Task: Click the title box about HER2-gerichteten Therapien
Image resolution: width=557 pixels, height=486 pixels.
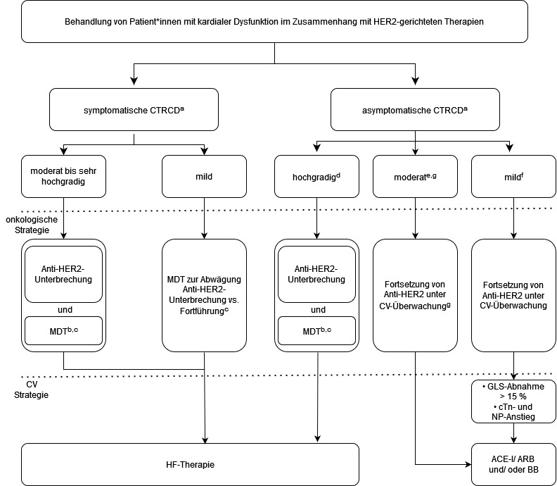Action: point(274,21)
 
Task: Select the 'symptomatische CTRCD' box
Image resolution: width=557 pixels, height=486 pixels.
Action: point(134,110)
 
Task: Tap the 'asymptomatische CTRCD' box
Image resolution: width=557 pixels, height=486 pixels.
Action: point(415,110)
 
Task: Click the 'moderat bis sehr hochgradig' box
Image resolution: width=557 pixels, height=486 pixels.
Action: point(63,177)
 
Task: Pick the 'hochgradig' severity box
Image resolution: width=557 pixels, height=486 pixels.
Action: point(316,177)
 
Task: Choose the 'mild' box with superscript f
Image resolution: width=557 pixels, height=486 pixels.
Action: point(513,177)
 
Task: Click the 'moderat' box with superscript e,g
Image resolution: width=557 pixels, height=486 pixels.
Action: point(415,177)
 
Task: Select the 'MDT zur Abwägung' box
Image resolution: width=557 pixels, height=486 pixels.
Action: point(204,295)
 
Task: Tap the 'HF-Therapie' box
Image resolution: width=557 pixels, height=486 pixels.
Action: point(190,464)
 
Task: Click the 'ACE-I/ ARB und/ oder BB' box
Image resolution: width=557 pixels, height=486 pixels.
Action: point(513,464)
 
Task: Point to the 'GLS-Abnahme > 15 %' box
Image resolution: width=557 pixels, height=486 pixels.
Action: point(513,401)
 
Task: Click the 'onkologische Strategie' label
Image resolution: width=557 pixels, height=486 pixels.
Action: point(32,225)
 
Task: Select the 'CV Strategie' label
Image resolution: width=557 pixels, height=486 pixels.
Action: point(31,390)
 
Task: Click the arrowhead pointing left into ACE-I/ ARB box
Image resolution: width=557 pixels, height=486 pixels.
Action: point(468,464)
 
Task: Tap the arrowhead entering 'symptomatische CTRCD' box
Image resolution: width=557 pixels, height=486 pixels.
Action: point(134,81)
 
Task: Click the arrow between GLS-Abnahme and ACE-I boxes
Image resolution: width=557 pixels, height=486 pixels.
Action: point(513,433)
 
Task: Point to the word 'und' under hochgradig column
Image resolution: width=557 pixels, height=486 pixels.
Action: point(318,309)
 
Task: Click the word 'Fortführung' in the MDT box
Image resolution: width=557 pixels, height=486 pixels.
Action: point(201,311)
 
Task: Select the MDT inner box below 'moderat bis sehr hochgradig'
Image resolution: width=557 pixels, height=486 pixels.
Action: point(63,330)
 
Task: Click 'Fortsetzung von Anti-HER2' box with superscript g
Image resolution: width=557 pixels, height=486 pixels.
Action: point(415,295)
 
